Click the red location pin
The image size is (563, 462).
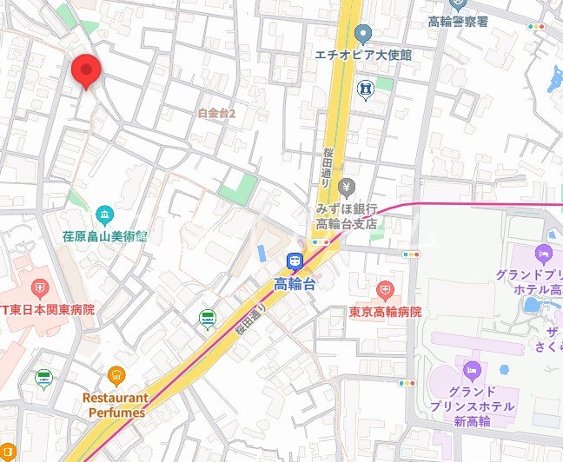[85, 69]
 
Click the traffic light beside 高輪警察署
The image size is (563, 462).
[537, 27]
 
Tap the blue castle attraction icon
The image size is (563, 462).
[366, 89]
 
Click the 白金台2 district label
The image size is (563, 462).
[217, 113]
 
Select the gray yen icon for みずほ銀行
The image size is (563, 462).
[347, 188]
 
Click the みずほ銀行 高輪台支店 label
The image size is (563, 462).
[346, 217]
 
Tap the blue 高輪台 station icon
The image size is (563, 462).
[295, 261]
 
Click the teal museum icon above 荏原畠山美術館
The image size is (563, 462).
[104, 214]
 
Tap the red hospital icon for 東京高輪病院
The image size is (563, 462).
[385, 289]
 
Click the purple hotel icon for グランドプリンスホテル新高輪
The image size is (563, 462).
[472, 373]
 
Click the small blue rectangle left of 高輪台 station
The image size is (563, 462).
[262, 253]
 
